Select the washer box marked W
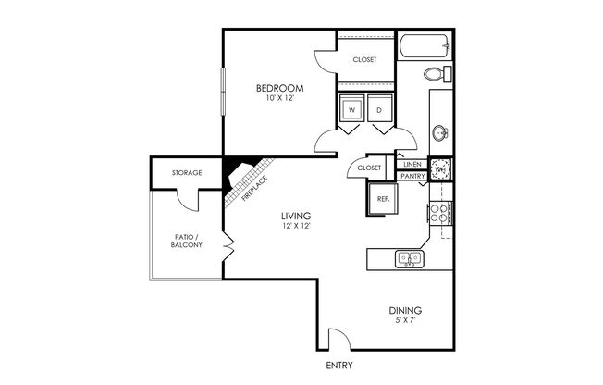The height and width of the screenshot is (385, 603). (352, 110)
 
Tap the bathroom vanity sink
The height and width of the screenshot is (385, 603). (441, 133)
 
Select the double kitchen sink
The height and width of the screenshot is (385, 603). (407, 258)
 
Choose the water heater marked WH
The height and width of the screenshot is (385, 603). (441, 169)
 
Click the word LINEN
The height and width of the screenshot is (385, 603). (411, 163)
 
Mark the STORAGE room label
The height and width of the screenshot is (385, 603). (188, 173)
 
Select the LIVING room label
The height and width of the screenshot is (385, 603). (296, 216)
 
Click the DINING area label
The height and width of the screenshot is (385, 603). (406, 311)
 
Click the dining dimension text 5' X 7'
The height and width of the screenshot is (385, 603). (406, 322)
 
